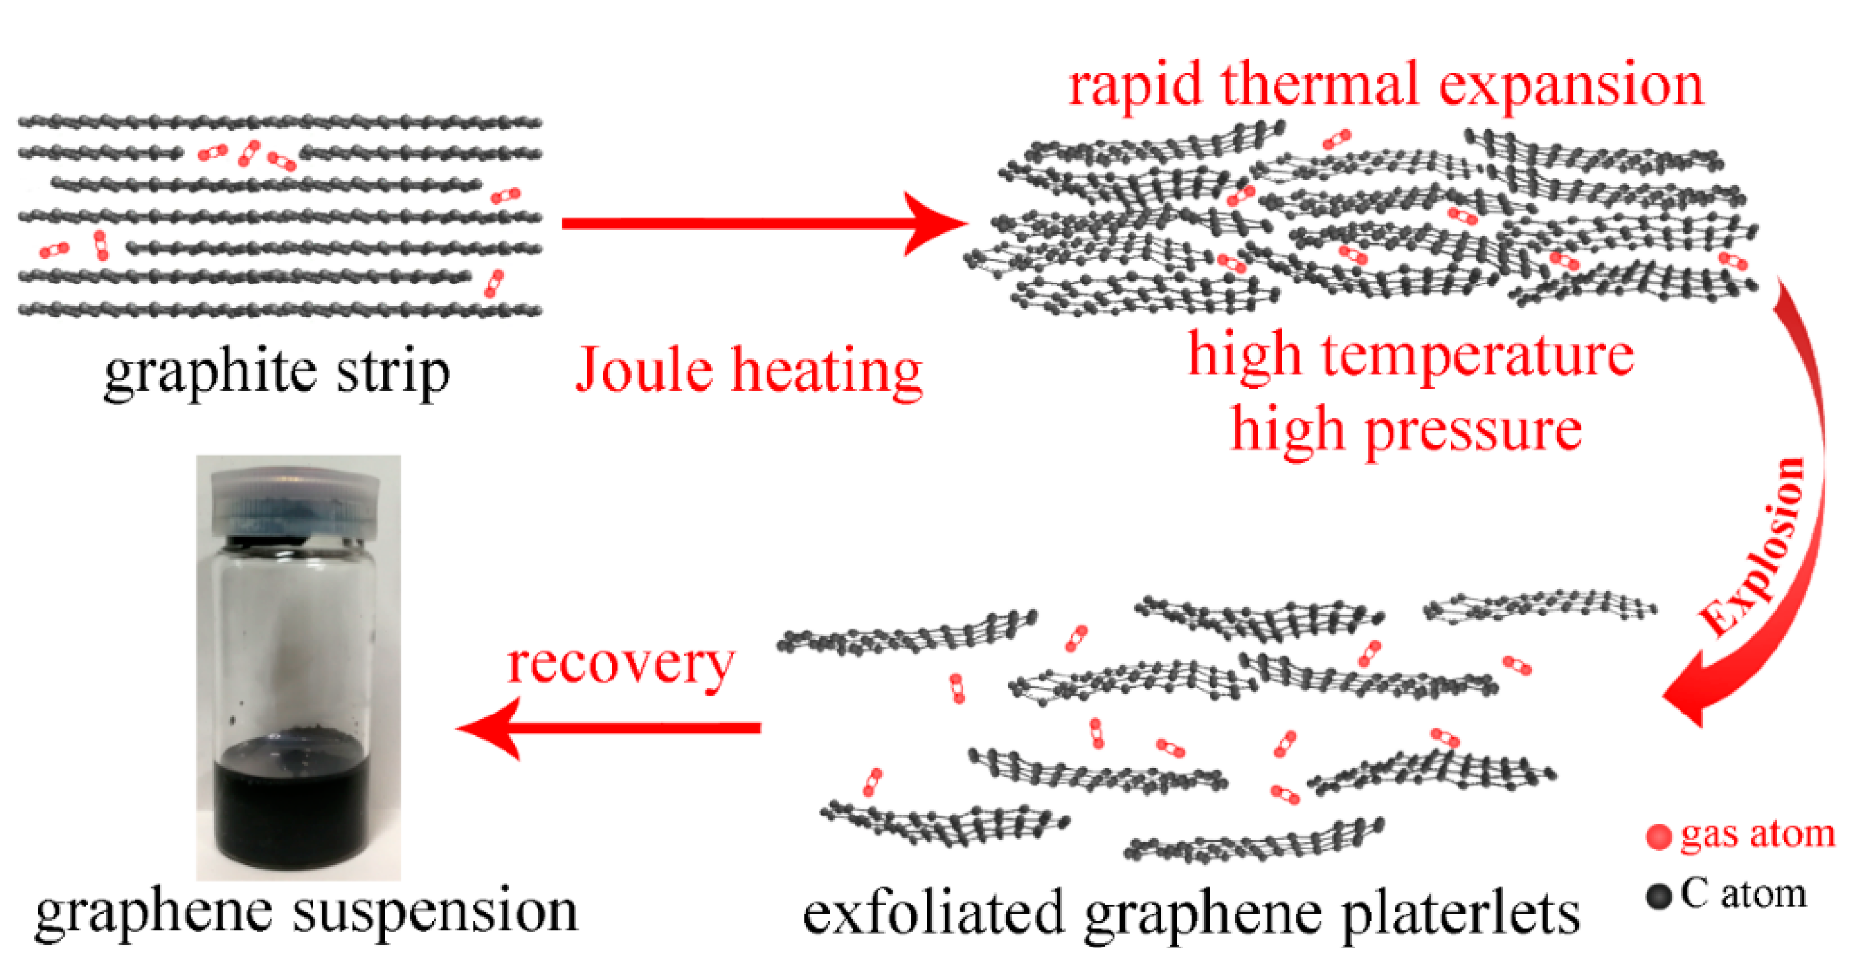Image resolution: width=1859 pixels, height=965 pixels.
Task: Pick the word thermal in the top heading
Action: pyautogui.click(x=1320, y=85)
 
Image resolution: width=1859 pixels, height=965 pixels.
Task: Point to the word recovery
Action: pyautogui.click(x=620, y=664)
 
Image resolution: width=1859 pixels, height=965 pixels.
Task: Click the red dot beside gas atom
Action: pyautogui.click(x=1659, y=836)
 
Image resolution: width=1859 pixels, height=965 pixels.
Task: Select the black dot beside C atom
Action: pyautogui.click(x=1659, y=896)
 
